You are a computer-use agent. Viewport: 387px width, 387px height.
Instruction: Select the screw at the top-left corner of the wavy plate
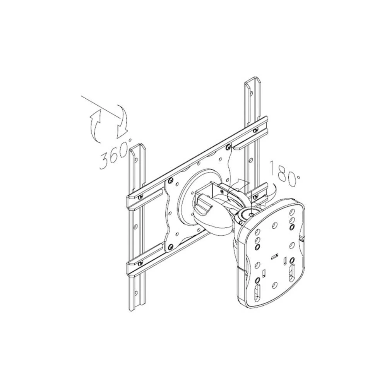click(170, 180)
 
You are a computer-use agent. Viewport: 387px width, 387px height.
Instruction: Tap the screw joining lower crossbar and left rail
click(141, 263)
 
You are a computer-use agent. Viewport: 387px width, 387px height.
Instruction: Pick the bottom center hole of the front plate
click(275, 285)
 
